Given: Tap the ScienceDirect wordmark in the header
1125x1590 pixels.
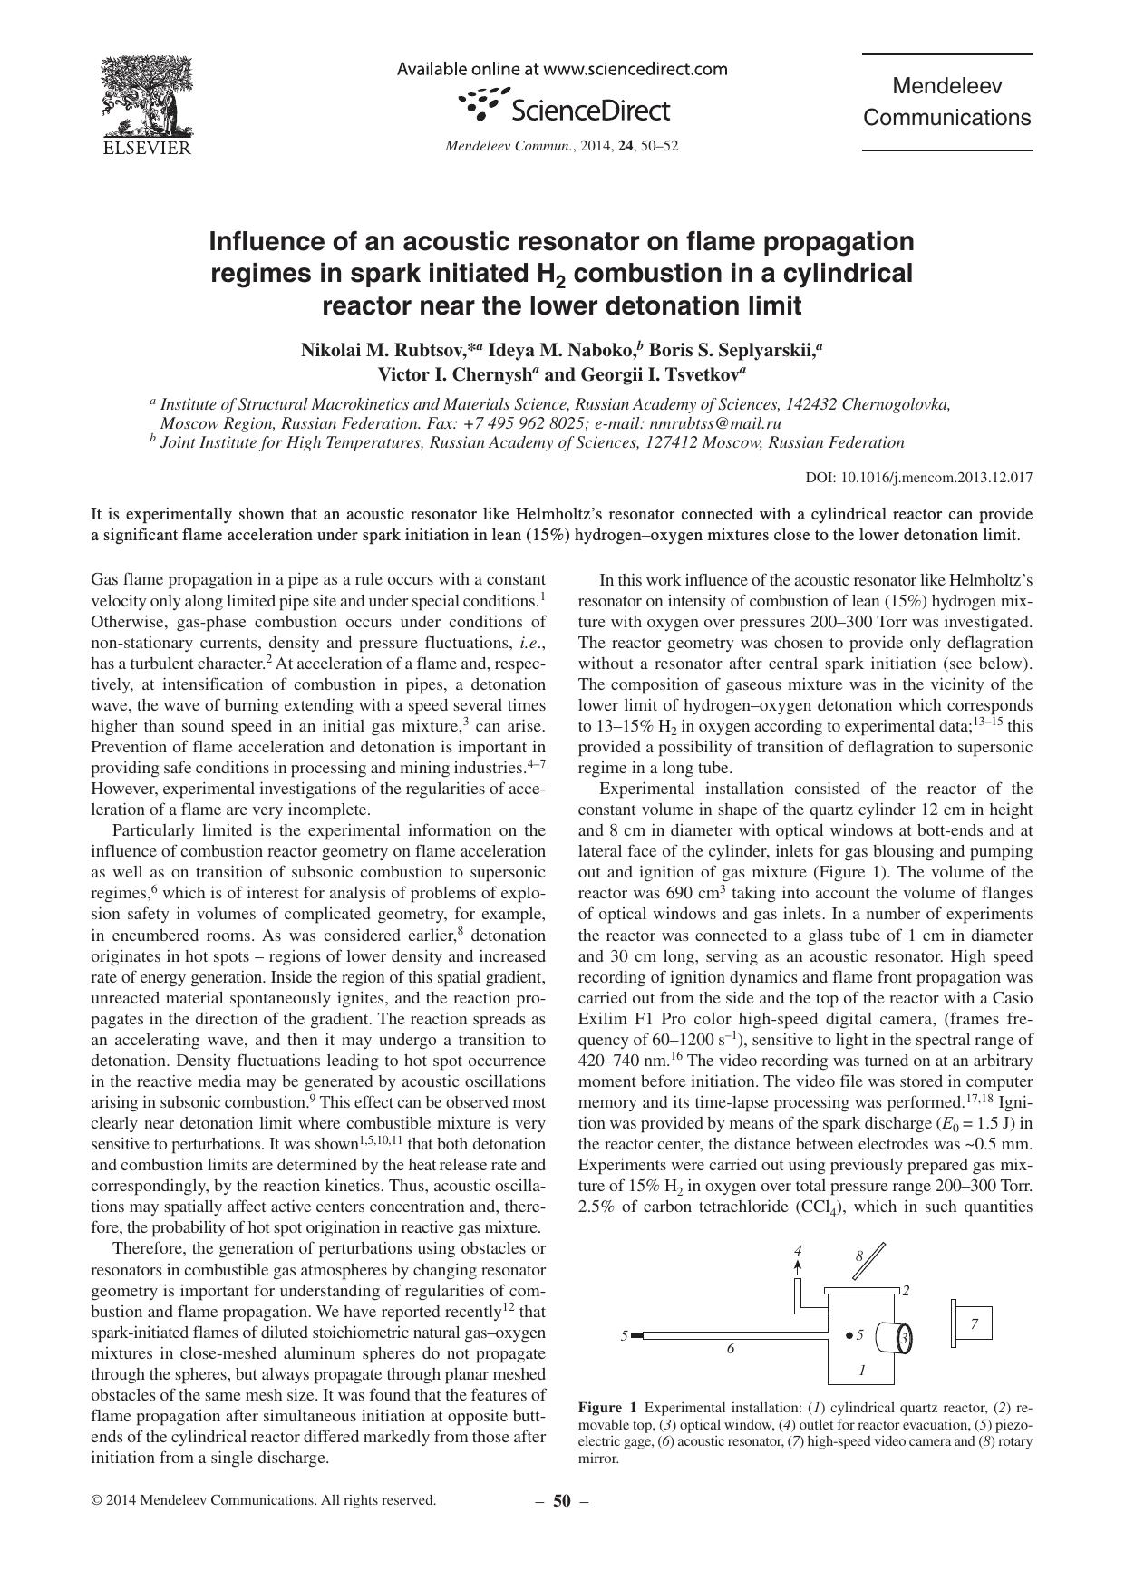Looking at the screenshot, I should tap(590, 111).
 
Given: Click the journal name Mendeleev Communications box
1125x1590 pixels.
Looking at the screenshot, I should tap(946, 102).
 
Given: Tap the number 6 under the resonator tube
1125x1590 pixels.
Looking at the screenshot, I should tap(731, 1348).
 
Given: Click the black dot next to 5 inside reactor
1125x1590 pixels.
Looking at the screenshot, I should tap(848, 1334).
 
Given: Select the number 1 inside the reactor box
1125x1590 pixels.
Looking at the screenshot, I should tap(862, 1370).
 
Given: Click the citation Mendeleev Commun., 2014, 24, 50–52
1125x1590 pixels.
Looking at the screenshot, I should tap(561, 146).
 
